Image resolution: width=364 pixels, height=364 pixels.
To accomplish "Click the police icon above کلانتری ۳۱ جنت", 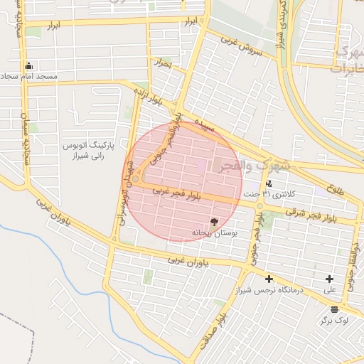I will tap(268, 183).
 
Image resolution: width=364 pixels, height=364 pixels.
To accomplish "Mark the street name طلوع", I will tap(336, 189).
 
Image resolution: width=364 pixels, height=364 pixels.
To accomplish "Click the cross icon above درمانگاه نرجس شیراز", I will tap(269, 279).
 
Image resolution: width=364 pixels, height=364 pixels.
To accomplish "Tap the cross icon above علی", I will tap(330, 279).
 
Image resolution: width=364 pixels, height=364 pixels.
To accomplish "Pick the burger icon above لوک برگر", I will tap(334, 309).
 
